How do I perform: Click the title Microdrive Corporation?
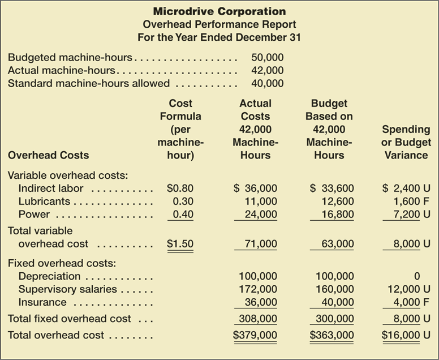point(219,11)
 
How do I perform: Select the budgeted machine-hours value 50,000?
point(267,57)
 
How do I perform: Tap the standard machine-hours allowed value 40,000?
point(267,84)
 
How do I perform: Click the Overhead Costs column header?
point(48,155)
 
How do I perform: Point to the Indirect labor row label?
point(51,188)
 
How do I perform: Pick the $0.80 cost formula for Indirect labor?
point(180,188)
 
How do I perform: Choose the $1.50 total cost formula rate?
point(180,244)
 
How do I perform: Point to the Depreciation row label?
point(50,276)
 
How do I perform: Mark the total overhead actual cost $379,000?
point(255,335)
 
